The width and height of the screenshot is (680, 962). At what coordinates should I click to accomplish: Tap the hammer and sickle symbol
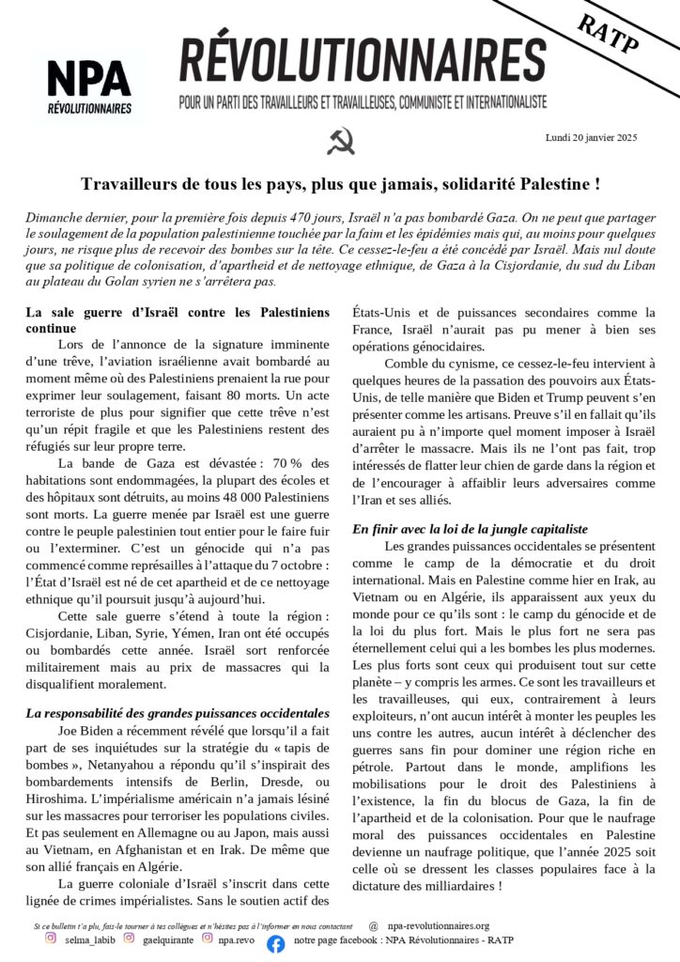(x=340, y=142)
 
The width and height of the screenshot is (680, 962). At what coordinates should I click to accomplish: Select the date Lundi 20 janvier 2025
(x=591, y=137)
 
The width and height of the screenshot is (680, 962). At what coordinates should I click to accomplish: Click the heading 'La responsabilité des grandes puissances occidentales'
(x=177, y=714)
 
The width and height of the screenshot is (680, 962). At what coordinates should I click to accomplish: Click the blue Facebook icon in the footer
(x=275, y=944)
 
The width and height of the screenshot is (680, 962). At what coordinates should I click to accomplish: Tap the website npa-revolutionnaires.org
(x=440, y=925)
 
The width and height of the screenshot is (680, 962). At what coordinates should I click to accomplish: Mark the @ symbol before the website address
(x=374, y=925)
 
